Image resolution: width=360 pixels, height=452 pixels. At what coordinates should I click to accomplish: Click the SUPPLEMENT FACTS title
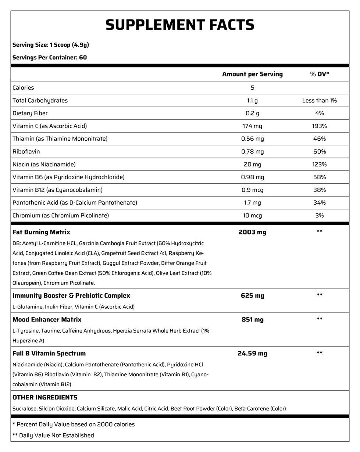click(180, 25)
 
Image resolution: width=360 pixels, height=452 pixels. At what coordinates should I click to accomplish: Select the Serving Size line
click(51, 45)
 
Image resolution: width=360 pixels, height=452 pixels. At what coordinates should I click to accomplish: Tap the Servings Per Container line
click(50, 57)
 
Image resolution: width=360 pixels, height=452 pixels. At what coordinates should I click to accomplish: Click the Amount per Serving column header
click(252, 74)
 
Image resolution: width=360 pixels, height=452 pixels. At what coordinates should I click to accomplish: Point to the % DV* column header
click(319, 74)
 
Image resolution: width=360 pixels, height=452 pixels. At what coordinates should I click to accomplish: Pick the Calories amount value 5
click(252, 87)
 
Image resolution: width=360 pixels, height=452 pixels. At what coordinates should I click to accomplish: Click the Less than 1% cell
click(319, 100)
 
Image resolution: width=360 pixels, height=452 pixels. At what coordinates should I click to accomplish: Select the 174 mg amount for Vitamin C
click(252, 126)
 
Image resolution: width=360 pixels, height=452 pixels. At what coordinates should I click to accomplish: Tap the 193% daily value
click(319, 126)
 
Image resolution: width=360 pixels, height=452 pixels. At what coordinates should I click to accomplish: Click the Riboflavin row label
click(26, 151)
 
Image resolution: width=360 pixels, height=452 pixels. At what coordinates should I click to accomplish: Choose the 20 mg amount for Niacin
click(252, 164)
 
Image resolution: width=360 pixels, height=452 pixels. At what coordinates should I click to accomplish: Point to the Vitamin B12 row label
click(57, 190)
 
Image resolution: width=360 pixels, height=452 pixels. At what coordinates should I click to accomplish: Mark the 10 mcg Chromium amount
click(252, 215)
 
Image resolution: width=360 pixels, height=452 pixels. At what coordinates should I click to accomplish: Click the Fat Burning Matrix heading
click(41, 232)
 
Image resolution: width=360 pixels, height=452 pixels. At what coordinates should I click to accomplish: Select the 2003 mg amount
click(252, 232)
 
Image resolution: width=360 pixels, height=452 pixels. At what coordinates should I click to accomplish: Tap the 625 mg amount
click(252, 295)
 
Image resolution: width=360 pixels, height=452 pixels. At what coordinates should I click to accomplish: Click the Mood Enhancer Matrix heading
click(47, 320)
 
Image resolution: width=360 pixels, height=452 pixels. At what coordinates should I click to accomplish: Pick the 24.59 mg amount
click(252, 354)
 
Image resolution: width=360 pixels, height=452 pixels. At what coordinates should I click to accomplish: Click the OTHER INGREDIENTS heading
click(45, 398)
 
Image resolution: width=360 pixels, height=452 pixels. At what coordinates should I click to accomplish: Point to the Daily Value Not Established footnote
click(53, 435)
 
